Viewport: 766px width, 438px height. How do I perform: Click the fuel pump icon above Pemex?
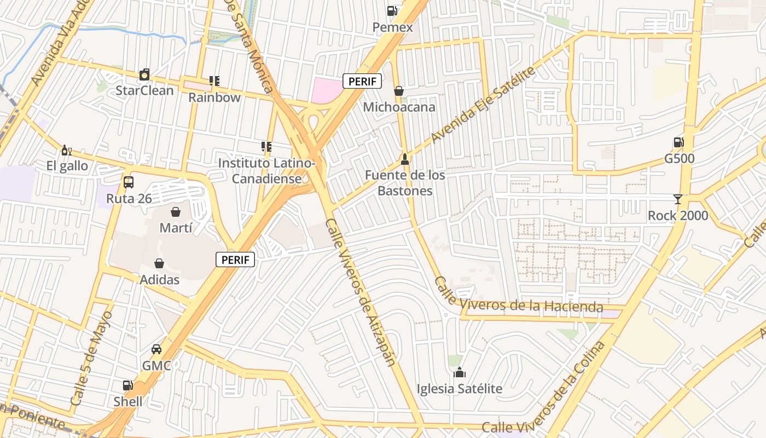392,10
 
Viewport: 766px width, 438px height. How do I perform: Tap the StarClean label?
144,90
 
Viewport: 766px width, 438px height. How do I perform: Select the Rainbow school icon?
214,81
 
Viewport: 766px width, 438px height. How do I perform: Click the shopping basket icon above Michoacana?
399,90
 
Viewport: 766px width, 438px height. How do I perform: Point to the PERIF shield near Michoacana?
362,82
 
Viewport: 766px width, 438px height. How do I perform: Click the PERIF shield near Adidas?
235,260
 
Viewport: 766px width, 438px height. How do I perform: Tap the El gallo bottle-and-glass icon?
67,150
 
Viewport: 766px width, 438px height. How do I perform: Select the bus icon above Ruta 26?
129,182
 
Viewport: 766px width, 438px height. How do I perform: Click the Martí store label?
176,227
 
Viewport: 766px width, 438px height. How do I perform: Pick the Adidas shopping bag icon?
159,263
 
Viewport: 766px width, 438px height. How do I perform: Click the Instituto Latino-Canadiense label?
266,171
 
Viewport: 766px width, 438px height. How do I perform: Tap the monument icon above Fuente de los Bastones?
404,159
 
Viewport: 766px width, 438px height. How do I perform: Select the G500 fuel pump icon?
678,143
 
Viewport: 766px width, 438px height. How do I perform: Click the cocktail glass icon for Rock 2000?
678,199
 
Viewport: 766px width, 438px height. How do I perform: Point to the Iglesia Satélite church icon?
459,373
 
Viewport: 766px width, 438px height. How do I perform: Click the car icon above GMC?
156,349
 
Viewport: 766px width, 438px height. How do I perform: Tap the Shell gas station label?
127,401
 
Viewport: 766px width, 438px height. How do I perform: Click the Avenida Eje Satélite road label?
482,105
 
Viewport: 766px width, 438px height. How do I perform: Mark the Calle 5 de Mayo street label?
91,359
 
